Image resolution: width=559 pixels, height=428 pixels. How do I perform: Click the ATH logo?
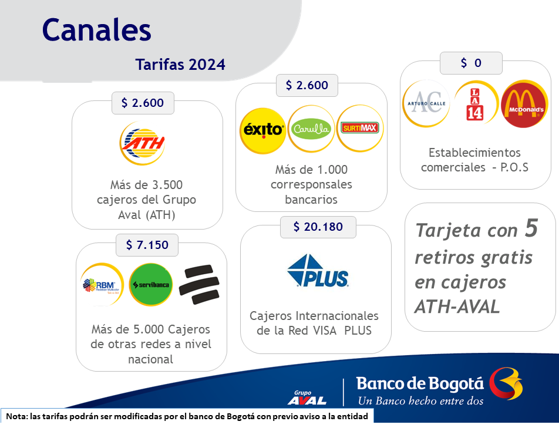[x=142, y=143]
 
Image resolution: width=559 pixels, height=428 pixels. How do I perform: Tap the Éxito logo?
[x=262, y=130]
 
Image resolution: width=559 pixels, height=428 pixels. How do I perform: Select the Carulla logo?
[x=311, y=129]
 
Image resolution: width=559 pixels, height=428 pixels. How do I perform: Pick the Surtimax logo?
[x=360, y=128]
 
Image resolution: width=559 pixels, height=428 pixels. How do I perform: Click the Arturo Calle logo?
[x=426, y=104]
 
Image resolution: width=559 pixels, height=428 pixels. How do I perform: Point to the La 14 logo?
[x=475, y=103]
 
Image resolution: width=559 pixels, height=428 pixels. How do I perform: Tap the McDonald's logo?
[x=524, y=104]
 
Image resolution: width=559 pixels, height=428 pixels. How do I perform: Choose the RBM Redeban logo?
[x=102, y=285]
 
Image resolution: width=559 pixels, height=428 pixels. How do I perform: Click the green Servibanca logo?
[x=151, y=284]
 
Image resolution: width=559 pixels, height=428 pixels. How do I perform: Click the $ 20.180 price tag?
[x=318, y=227]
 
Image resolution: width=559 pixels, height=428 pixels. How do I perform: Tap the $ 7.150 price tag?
[x=147, y=245]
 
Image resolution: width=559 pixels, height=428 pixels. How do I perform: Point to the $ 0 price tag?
[x=471, y=63]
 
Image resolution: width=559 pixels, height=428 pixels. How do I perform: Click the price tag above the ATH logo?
[x=143, y=103]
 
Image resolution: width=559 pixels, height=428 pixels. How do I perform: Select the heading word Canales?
[x=97, y=30]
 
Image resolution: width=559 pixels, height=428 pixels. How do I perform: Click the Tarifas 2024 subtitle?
[x=180, y=65]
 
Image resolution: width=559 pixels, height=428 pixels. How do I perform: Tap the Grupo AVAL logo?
[x=307, y=397]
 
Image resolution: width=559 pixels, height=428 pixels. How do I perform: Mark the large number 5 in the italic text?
[x=531, y=228]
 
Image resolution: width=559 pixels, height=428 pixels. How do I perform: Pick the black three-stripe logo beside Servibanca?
[x=199, y=285]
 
